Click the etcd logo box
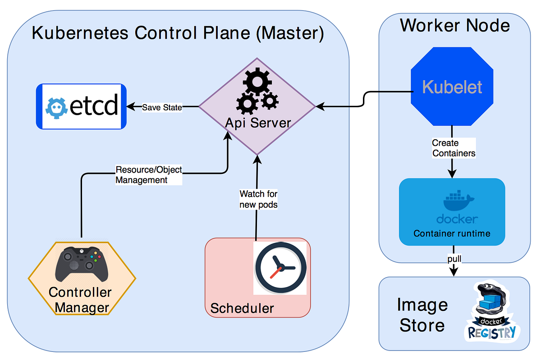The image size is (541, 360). [x=81, y=106]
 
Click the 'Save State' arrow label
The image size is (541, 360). [x=162, y=107]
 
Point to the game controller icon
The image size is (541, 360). [x=82, y=264]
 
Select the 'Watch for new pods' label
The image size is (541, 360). [x=258, y=199]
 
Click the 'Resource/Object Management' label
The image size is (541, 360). [x=149, y=175]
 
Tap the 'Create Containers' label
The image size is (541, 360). [x=454, y=148]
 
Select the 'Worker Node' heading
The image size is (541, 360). [x=454, y=25]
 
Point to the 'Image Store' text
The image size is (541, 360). [x=422, y=315]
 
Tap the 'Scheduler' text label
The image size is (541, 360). [x=242, y=308]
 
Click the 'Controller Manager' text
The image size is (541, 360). [x=80, y=300]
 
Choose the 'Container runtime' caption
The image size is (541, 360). [x=452, y=233]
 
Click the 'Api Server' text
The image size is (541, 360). [x=258, y=123]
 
